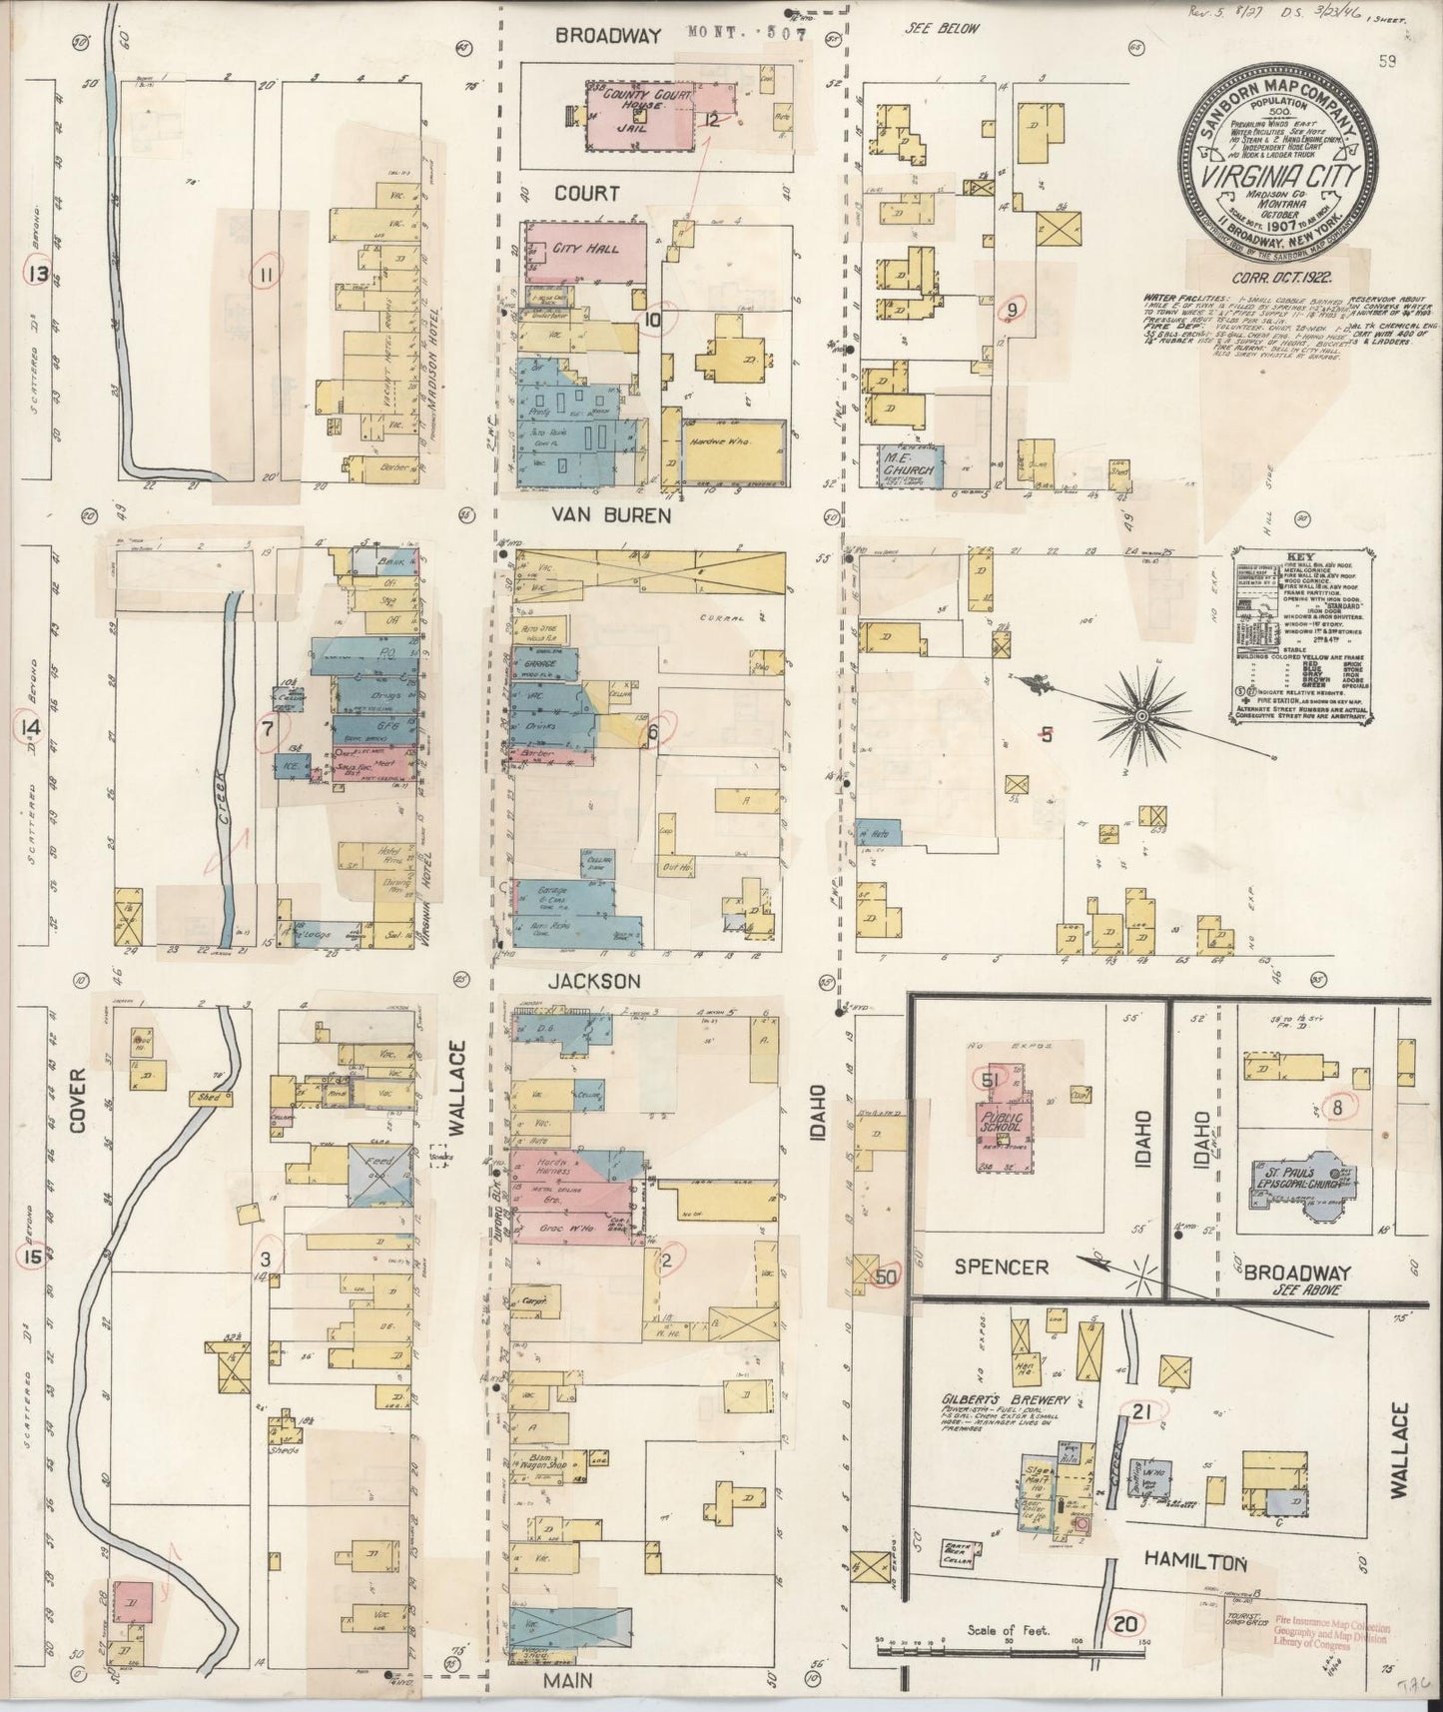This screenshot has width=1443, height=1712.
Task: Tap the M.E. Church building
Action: [910, 466]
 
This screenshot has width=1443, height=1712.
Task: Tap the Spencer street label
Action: [1001, 1267]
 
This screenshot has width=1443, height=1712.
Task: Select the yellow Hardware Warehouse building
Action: [734, 450]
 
